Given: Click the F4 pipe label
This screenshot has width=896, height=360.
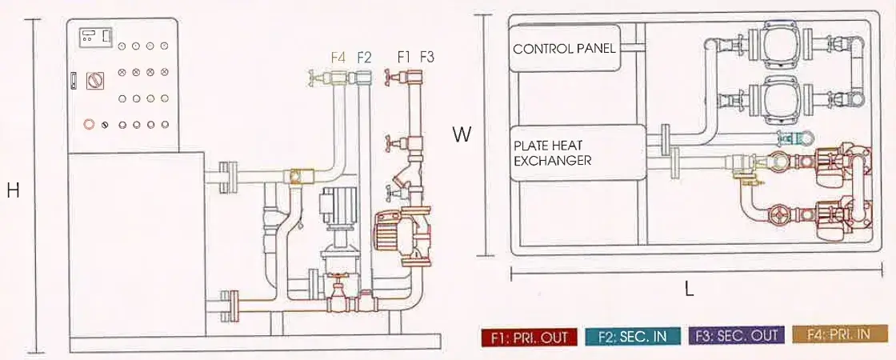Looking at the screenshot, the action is (x=338, y=57).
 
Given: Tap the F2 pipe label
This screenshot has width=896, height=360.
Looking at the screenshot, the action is (x=364, y=57).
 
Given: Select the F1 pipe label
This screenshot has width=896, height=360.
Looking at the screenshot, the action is (x=405, y=57).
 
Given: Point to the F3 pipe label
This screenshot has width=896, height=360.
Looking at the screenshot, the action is (x=427, y=57).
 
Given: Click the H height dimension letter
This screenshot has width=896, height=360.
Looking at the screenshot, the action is (x=13, y=191).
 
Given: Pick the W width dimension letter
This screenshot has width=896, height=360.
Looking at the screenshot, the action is (x=462, y=135).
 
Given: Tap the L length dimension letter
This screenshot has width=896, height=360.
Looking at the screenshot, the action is (x=689, y=290).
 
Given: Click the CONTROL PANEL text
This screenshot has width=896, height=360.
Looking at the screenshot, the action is (x=564, y=49).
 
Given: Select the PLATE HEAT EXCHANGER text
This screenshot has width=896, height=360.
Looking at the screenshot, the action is (x=553, y=153).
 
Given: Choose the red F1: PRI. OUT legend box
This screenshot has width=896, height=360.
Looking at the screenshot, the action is (x=529, y=337).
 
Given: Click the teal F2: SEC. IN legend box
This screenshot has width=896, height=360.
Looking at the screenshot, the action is (x=633, y=337).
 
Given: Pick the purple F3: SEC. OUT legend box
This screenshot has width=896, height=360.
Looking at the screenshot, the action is (x=737, y=336).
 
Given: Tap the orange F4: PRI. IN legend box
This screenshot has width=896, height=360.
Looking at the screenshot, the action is (x=840, y=334).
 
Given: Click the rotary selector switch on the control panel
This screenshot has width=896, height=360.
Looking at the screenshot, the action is (x=94, y=81).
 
